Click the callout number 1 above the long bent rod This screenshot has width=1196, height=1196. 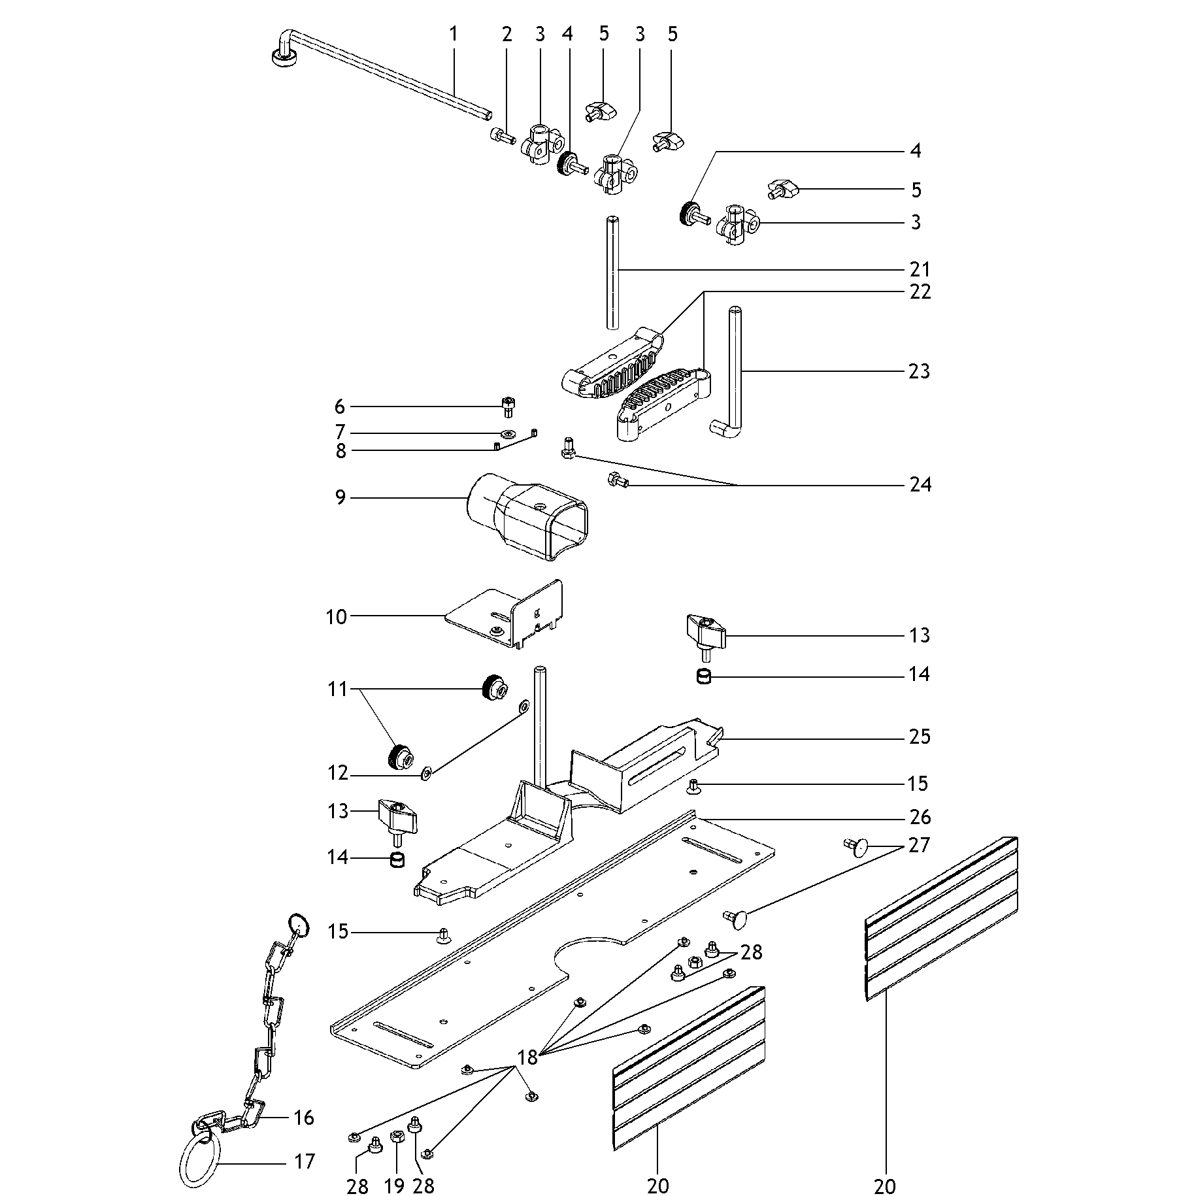coord(454,34)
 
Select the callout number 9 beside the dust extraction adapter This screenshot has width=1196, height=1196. coord(340,498)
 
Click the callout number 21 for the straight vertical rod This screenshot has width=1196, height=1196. coord(920,269)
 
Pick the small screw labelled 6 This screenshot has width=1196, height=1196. coord(508,407)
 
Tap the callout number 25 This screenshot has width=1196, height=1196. coord(920,737)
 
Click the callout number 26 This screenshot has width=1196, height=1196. coord(920,817)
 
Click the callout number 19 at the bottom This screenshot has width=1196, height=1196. coord(394,1186)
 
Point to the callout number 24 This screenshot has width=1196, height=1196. coord(920,484)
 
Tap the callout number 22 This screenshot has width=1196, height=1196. coord(920,291)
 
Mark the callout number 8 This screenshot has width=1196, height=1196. coord(341,451)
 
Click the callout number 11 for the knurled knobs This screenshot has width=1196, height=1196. coord(337,689)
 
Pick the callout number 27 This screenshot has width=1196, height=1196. coord(919,845)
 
